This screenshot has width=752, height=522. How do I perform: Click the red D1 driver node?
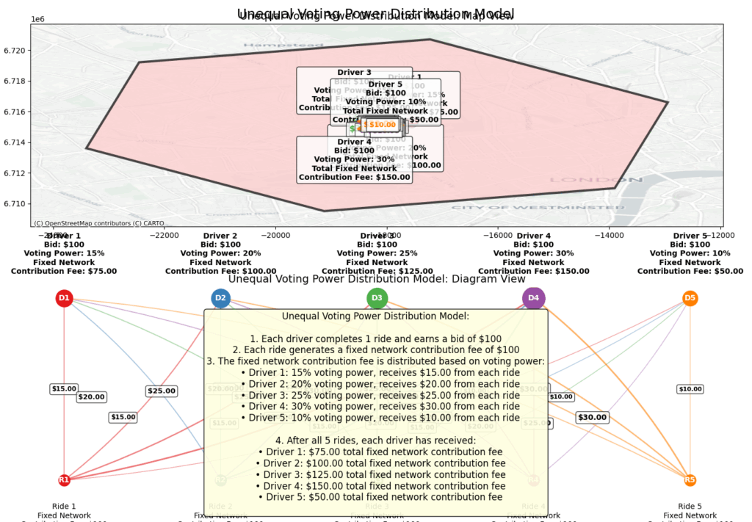(65, 298)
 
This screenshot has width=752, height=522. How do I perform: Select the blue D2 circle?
(220, 298)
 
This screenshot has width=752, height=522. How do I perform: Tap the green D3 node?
(377, 298)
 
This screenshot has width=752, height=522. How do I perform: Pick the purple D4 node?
(534, 298)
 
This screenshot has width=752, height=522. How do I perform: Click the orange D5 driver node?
(690, 298)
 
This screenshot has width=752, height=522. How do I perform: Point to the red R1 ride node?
(65, 480)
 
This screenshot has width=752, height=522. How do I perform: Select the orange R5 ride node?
(690, 480)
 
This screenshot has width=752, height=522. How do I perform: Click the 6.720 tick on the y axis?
(15, 51)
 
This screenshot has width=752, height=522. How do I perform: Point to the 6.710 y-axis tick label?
(15, 203)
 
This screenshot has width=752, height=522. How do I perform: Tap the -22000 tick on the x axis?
(164, 235)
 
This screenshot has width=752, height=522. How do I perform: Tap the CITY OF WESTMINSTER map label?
(513, 208)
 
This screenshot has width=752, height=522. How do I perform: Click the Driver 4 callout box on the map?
(355, 159)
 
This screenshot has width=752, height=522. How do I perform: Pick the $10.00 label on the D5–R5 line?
(690, 389)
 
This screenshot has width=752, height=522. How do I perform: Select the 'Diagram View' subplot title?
(377, 279)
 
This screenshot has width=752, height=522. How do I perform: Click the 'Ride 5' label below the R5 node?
(690, 506)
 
